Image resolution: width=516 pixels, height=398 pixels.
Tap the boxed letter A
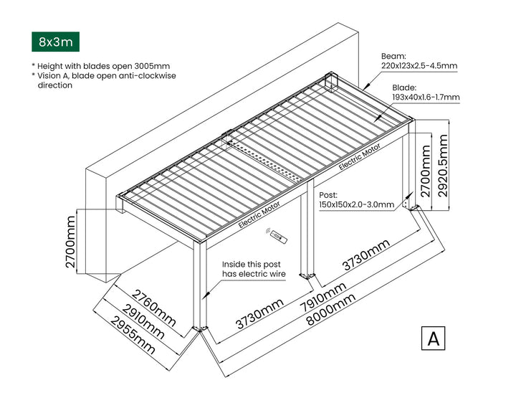[433, 338]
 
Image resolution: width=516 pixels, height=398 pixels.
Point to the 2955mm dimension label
[128, 335]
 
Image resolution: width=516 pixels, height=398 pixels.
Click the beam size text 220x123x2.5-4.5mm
[419, 66]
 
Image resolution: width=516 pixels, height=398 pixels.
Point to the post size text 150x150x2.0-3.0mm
[356, 205]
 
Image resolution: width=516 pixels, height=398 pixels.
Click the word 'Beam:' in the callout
[394, 55]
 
